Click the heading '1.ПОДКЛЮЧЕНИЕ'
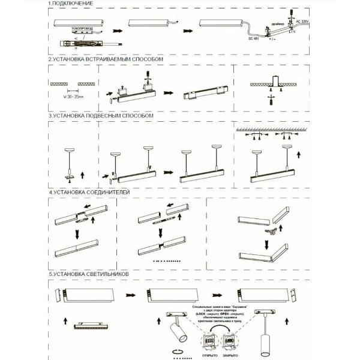[71, 4]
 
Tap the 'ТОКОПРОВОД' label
[82, 29]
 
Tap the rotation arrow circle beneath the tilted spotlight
[177, 350]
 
